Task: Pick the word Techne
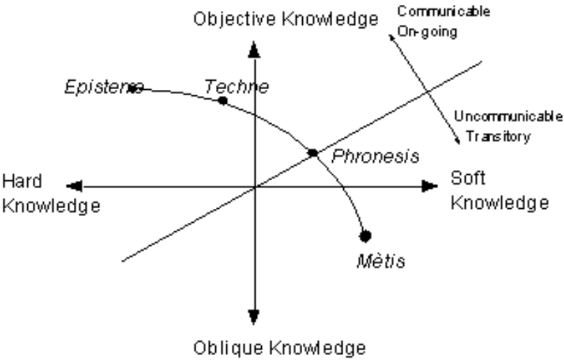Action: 236,86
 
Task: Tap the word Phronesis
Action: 375,156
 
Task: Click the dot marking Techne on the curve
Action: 222,101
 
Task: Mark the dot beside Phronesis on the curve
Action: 313,152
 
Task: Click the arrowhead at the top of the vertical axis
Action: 253,49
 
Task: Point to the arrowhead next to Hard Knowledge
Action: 75,186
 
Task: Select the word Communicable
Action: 443,12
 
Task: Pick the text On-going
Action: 424,31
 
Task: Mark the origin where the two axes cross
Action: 253,186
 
